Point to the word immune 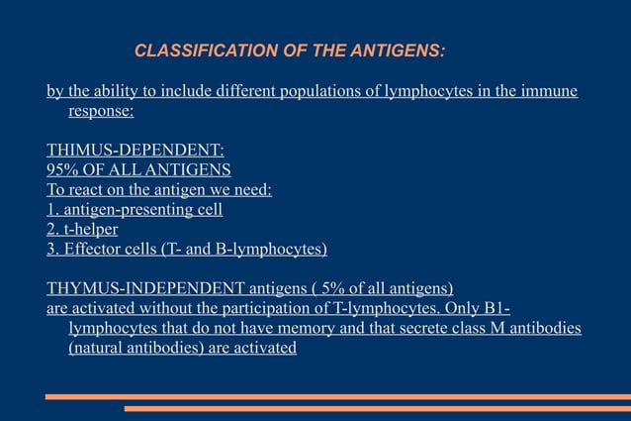pos(551,92)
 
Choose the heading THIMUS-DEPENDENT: pos(135,151)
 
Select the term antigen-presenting pos(126,210)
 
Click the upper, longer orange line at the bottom pos(337,396)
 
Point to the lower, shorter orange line pos(377,407)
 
